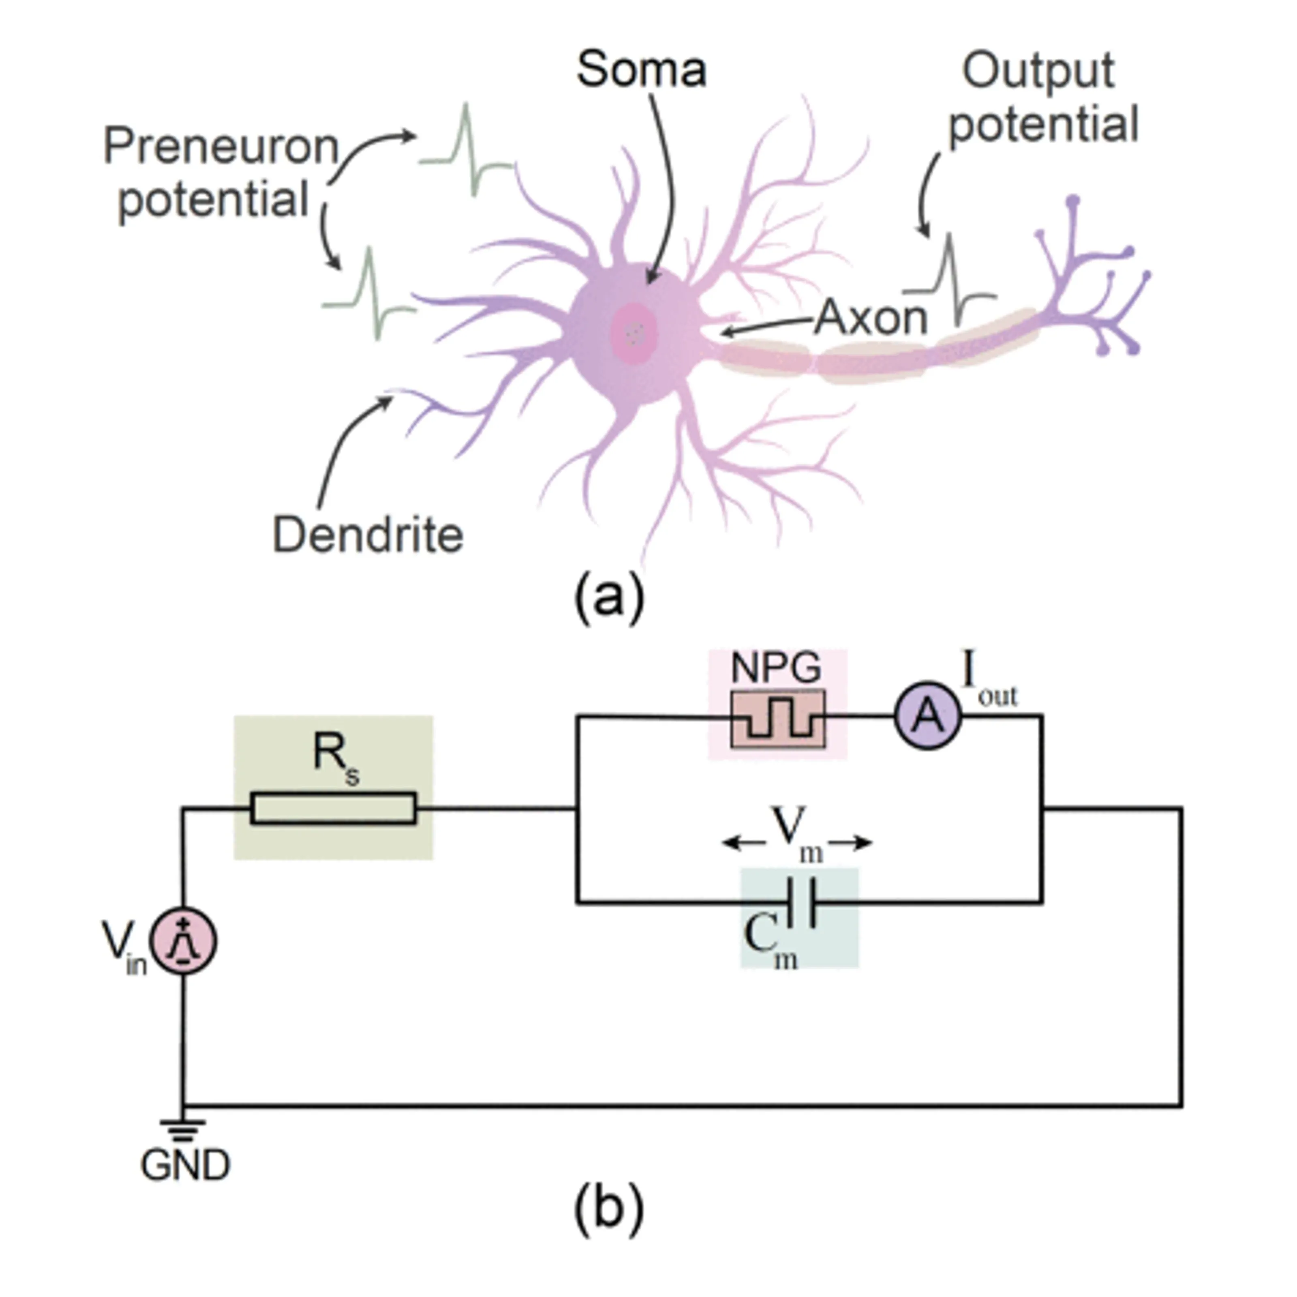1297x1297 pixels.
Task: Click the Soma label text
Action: pos(641,69)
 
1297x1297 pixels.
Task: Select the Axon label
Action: pos(871,318)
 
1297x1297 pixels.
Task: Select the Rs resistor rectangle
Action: pos(334,808)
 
